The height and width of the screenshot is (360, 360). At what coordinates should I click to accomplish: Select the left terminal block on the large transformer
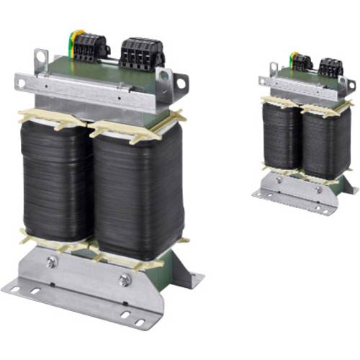90,48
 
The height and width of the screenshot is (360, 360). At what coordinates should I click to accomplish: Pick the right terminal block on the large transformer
142,53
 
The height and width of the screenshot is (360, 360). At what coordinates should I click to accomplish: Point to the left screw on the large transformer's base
51,262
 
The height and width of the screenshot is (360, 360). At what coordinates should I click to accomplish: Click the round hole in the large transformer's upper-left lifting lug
40,61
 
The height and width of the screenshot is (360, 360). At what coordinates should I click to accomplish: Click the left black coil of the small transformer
281,135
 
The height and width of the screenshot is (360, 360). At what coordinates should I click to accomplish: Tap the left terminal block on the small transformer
302,63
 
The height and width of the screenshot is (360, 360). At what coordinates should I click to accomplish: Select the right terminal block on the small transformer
330,68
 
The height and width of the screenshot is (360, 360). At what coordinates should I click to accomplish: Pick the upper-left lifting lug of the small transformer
274,69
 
